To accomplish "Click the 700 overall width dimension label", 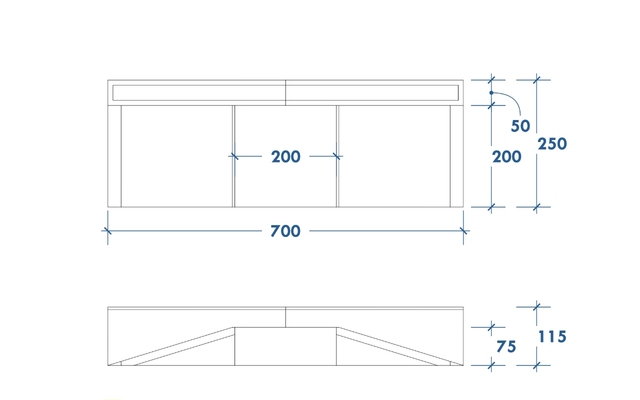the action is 285,231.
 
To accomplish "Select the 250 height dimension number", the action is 552,143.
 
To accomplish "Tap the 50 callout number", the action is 520,126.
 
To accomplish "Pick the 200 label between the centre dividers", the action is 285,156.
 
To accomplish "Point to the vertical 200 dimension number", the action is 507,157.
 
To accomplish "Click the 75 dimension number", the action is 506,346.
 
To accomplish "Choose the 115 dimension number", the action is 552,336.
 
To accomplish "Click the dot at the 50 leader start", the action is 491,93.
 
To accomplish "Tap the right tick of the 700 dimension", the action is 463,231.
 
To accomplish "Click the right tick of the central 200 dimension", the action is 336,156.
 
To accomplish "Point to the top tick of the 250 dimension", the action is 536,80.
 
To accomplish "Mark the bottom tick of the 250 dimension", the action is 536,207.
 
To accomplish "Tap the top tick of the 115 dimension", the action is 536,307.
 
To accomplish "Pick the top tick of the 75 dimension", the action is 491,327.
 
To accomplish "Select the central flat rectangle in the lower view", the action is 285,346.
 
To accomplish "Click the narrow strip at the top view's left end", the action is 114,156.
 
